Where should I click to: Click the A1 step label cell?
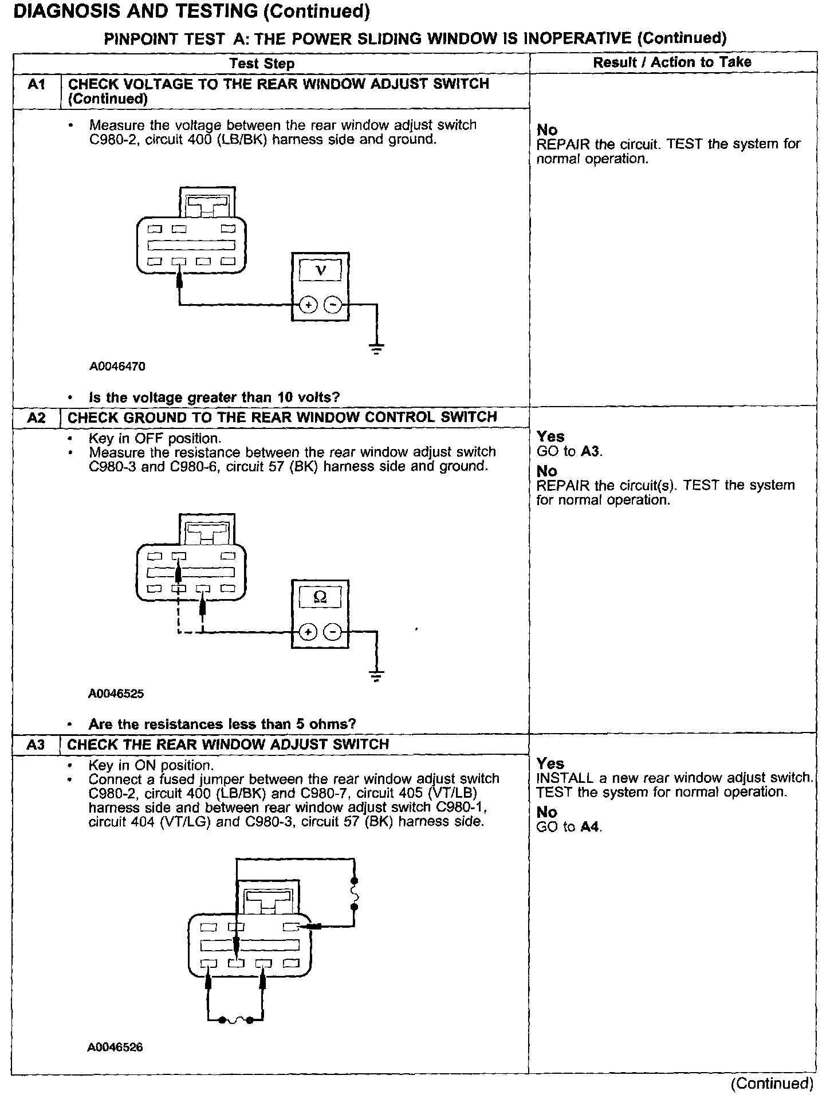coord(36,85)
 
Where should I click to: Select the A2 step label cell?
coord(36,417)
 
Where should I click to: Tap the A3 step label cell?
coord(36,745)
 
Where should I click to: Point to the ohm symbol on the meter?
coord(320,597)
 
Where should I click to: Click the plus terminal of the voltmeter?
coord(308,305)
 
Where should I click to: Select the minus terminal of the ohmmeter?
coord(333,632)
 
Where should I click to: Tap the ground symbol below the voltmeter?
coord(376,348)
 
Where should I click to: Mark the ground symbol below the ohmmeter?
coord(376,675)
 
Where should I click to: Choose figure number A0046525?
coord(116,694)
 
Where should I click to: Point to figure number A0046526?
coord(115,1047)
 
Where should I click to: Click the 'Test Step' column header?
coord(262,64)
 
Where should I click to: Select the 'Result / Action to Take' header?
coord(672,62)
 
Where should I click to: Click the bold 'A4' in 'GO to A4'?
coord(591,827)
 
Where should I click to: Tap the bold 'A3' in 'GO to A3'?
coord(591,451)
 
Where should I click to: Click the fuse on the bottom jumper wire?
coord(235,1019)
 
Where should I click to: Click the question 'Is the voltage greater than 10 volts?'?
coord(214,397)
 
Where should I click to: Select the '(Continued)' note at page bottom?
coord(771,1084)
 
